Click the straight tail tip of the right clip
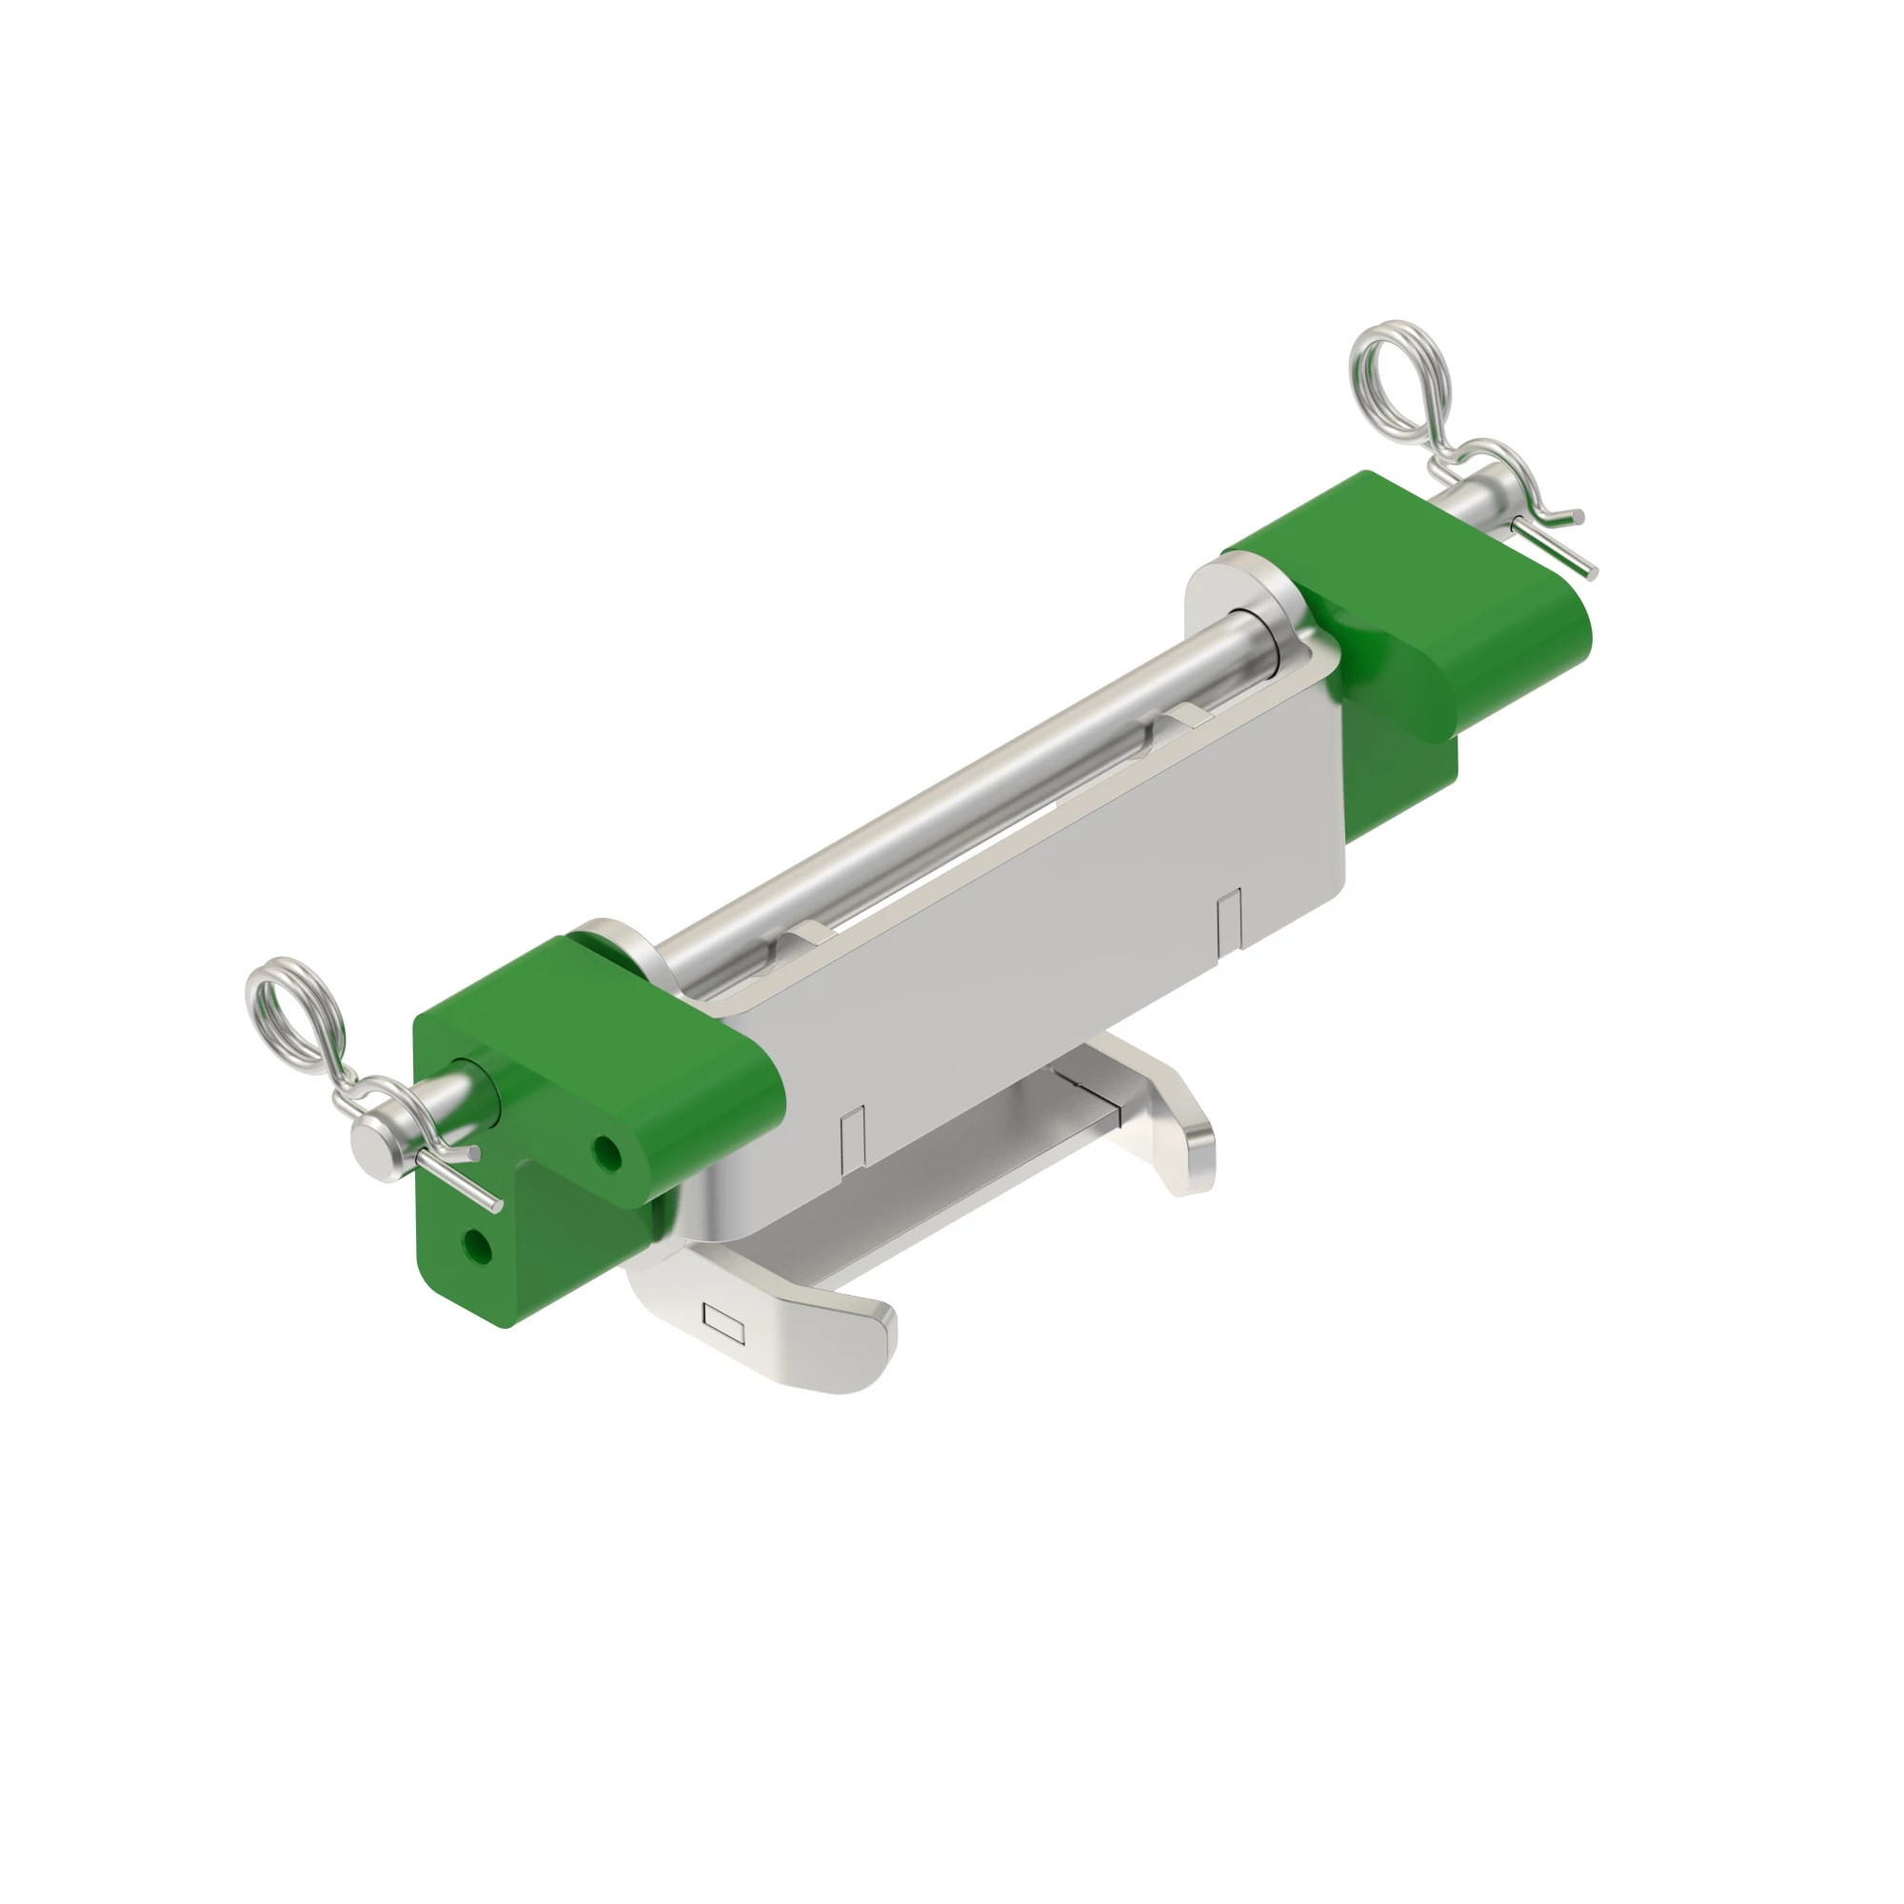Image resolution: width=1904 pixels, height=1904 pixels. tap(1589, 569)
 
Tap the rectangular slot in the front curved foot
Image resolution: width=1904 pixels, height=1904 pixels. tap(724, 1320)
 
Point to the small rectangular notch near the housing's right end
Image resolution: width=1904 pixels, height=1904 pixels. tap(1229, 917)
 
